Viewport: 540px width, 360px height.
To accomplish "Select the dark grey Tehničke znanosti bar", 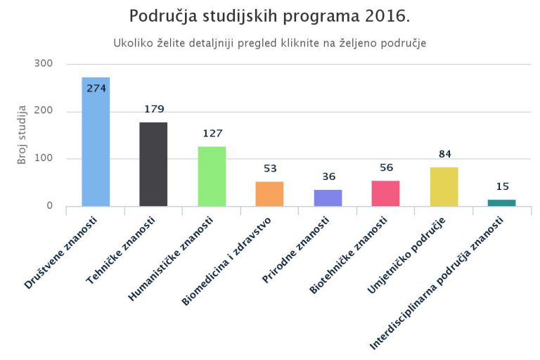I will click(x=153, y=165).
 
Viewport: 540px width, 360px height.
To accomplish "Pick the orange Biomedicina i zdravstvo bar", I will click(x=269, y=194).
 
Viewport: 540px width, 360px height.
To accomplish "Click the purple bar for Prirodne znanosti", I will click(x=328, y=198).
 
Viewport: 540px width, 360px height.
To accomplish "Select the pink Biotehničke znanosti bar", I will click(x=385, y=193).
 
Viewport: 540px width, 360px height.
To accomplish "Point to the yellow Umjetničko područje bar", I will click(x=444, y=186).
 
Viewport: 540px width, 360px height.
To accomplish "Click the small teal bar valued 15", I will click(x=501, y=202).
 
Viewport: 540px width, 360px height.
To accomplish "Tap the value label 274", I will click(x=96, y=89).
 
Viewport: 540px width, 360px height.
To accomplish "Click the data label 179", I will click(x=153, y=109).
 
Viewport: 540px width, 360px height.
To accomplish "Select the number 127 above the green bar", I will click(x=212, y=133).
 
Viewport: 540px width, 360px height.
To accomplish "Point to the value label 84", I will click(x=444, y=154).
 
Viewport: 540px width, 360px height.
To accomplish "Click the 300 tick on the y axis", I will click(x=44, y=64).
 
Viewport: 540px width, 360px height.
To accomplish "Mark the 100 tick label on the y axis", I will click(x=44, y=159).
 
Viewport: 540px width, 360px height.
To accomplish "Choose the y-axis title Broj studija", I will click(x=22, y=134).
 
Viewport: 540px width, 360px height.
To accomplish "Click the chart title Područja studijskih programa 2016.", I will click(x=270, y=16).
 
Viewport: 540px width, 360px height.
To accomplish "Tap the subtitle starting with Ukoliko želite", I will click(x=270, y=43).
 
